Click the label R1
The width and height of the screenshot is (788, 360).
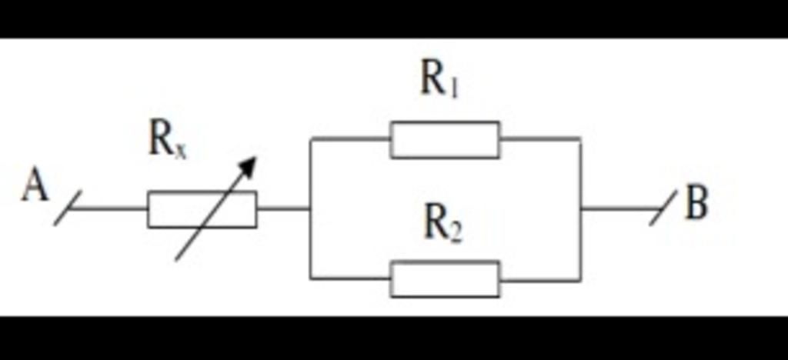[439, 78]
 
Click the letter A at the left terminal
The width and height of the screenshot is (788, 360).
[35, 186]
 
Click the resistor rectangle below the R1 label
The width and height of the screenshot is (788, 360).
[445, 139]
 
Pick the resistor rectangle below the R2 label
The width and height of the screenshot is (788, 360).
[445, 278]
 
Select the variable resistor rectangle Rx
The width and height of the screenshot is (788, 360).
[202, 209]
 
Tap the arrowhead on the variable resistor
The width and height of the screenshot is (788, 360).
[248, 165]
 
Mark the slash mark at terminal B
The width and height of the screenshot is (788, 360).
[663, 208]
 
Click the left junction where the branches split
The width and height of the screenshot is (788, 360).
[310, 208]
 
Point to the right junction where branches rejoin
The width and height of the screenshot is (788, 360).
[580, 208]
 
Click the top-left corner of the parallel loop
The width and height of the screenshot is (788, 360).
[310, 139]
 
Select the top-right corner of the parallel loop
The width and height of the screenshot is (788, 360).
[580, 139]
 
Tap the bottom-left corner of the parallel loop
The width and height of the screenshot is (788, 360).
[310, 278]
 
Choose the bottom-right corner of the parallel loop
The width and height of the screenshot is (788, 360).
[580, 279]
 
